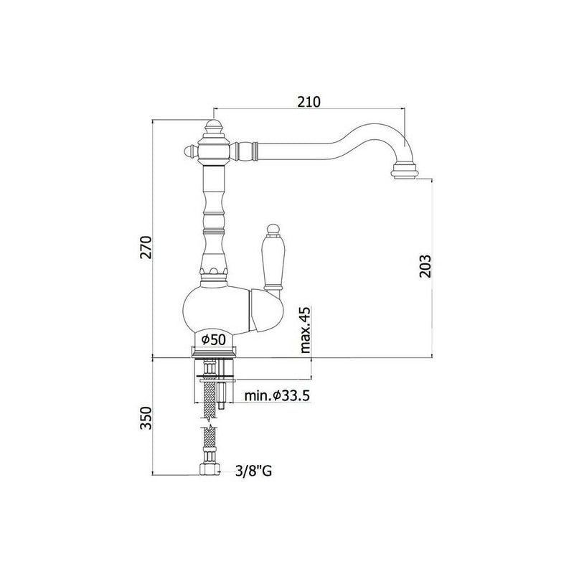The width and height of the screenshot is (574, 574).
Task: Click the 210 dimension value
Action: click(309, 102)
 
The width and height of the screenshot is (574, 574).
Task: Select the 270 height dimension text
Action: click(146, 247)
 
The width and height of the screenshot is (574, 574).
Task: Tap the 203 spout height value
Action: click(425, 265)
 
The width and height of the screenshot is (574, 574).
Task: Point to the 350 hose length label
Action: click(146, 418)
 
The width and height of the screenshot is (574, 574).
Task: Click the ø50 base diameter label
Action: click(214, 339)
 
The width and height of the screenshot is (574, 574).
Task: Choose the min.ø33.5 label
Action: click(277, 395)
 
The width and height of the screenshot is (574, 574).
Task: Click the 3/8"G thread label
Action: click(254, 471)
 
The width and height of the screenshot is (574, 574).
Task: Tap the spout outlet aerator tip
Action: click(404, 171)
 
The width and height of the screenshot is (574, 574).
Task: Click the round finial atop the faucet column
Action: click(213, 127)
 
